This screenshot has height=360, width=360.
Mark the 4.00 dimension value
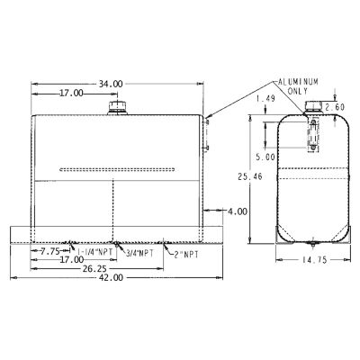[238, 211]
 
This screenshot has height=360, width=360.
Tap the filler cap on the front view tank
[118, 108]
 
